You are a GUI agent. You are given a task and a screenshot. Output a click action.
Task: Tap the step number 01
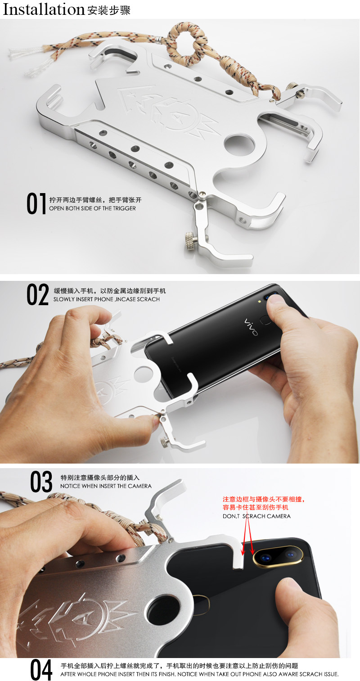(x=36, y=204)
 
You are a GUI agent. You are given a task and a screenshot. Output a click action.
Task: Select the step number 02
(x=37, y=295)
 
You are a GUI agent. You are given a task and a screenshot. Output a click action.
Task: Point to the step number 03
(x=41, y=482)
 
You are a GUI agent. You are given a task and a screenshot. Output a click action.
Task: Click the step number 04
(x=41, y=670)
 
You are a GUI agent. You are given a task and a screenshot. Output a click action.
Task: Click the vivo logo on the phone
(x=251, y=327)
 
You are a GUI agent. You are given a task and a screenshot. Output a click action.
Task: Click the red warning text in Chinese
(x=266, y=503)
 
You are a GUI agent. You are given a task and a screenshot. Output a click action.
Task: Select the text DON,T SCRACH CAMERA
(x=256, y=516)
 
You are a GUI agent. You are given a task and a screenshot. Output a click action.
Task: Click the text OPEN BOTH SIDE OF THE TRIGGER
(x=92, y=208)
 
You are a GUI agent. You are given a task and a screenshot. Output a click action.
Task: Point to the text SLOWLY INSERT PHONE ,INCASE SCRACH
(x=107, y=299)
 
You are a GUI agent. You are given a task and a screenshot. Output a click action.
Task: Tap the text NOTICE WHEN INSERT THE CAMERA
(x=106, y=486)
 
